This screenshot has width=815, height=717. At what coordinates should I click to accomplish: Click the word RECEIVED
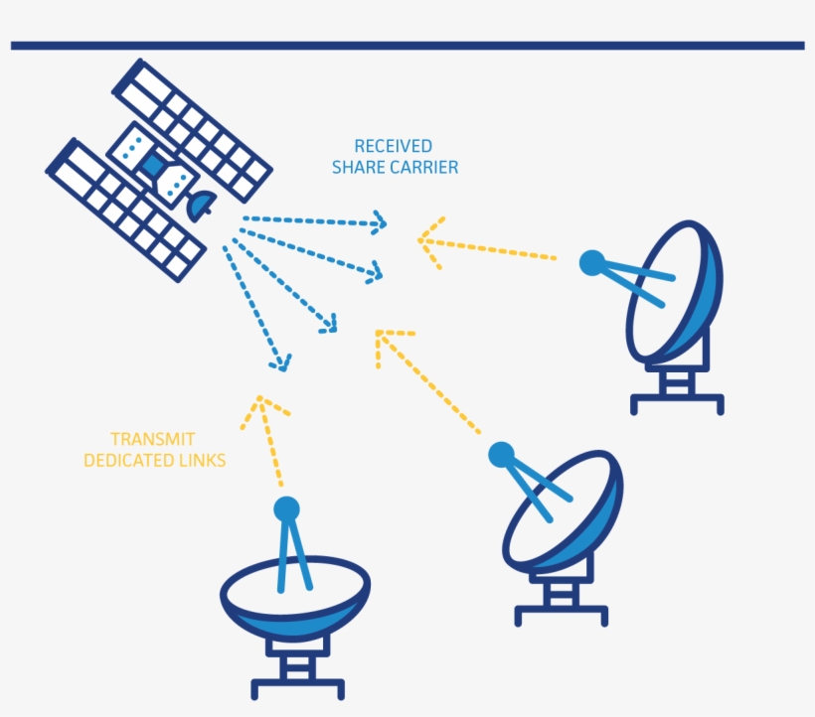click(x=394, y=146)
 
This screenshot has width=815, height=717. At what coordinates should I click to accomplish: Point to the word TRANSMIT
click(x=152, y=438)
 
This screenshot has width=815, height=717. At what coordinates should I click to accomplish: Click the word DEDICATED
click(x=127, y=460)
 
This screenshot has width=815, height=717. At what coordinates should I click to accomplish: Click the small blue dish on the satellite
click(x=202, y=204)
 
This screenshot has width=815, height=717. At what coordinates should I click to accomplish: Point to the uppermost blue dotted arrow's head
click(x=379, y=222)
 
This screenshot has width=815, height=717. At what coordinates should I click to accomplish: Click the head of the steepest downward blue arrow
click(x=283, y=362)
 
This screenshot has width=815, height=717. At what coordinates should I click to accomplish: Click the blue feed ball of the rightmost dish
click(x=592, y=262)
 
